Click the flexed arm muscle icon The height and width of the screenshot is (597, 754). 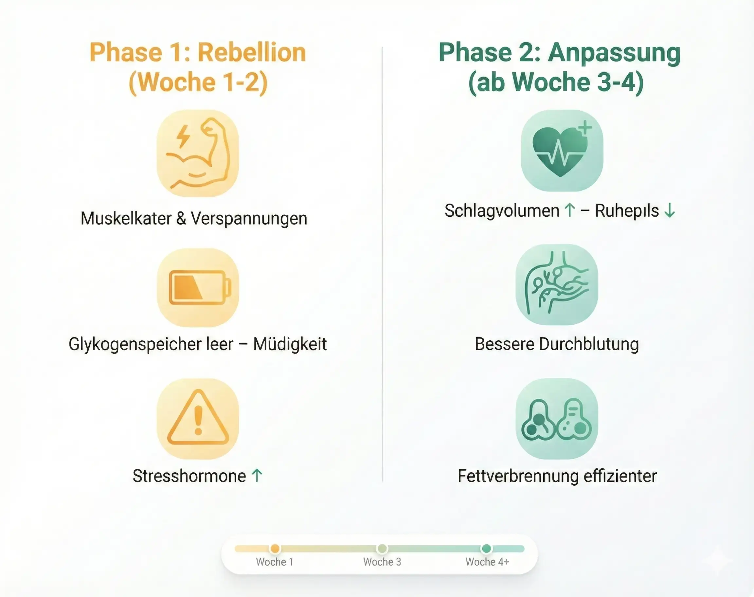(x=198, y=153)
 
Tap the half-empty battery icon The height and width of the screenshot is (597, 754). (x=198, y=288)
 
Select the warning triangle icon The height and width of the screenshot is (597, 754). (x=198, y=418)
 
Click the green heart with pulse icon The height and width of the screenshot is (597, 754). (x=562, y=151)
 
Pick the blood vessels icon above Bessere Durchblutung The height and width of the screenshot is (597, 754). (x=557, y=284)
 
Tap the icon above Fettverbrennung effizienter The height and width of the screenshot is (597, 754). (x=557, y=419)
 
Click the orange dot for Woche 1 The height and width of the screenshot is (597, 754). (x=275, y=549)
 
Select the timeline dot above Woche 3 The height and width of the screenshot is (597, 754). (x=382, y=549)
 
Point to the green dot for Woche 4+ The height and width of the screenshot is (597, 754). (x=486, y=549)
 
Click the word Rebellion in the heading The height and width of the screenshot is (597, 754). (x=252, y=53)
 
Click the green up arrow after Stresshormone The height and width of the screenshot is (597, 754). (x=257, y=476)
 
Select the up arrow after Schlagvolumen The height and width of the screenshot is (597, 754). (x=570, y=210)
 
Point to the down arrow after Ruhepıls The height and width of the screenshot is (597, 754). (x=670, y=210)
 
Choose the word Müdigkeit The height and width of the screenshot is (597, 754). (x=290, y=344)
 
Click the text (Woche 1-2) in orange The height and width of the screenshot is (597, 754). (x=198, y=83)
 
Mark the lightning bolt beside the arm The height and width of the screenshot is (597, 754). (x=183, y=137)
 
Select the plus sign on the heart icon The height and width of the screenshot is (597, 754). (x=585, y=128)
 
